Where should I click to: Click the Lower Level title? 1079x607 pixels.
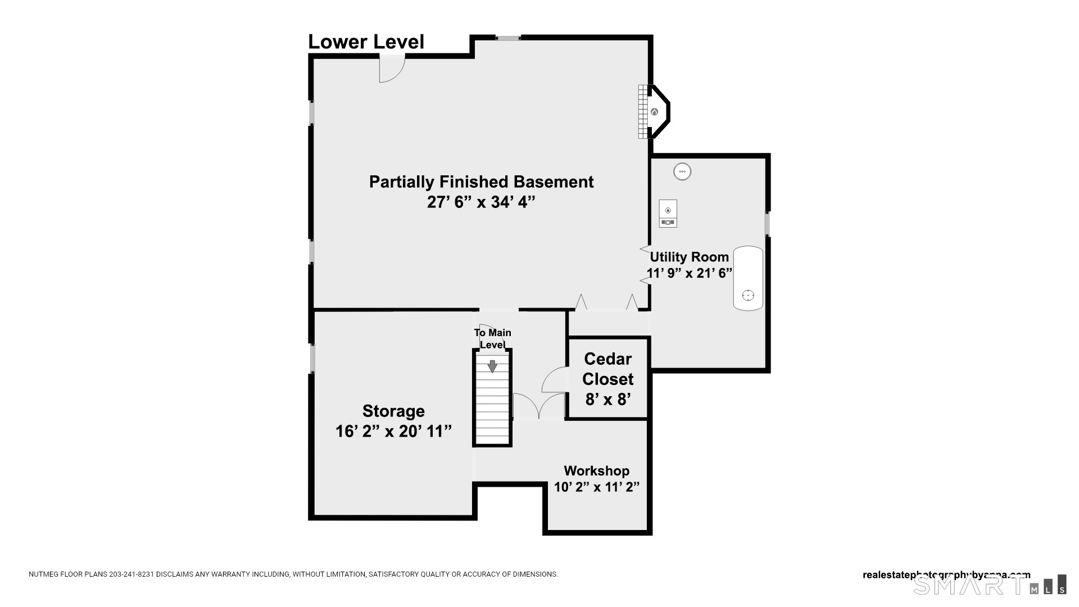pos(366,42)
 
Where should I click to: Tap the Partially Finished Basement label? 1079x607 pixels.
pos(481,182)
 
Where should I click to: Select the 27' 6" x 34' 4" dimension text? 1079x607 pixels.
pos(480,202)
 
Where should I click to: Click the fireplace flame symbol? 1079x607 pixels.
pos(654,112)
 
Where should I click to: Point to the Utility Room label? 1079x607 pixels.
pos(689,257)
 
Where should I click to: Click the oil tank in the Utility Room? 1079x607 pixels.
pos(748,278)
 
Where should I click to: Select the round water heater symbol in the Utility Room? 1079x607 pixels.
pos(682,171)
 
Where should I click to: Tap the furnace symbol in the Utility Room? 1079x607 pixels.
pos(668,214)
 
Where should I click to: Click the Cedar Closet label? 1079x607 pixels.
pos(607,369)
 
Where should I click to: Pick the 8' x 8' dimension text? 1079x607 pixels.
pos(607,400)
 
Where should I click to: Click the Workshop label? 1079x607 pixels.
pos(596,471)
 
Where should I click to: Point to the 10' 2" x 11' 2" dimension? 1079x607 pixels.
pos(596,487)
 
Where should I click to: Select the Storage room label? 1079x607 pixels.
pos(393,411)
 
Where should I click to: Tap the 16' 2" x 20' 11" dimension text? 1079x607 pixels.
pos(393,432)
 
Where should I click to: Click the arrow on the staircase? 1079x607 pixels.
pos(492,366)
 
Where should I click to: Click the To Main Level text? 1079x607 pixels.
pos(492,338)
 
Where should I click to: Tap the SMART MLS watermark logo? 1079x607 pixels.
pos(989,585)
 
